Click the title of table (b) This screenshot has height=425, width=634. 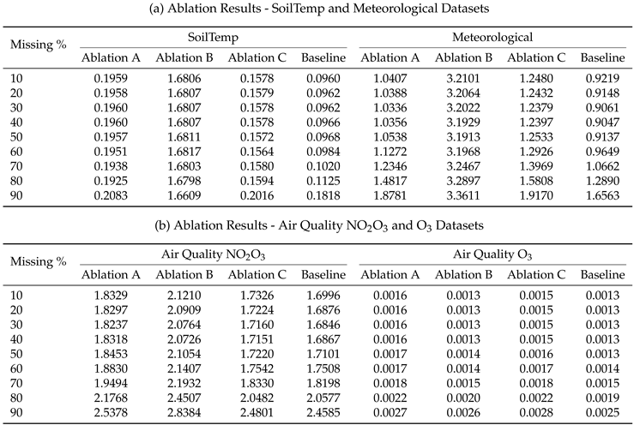(x=317, y=226)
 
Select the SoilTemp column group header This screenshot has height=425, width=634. (x=214, y=39)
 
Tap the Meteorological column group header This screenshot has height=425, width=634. (x=492, y=39)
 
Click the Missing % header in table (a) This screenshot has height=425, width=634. (x=38, y=45)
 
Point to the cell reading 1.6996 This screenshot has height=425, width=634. (x=323, y=295)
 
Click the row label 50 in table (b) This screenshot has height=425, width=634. (x=17, y=353)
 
